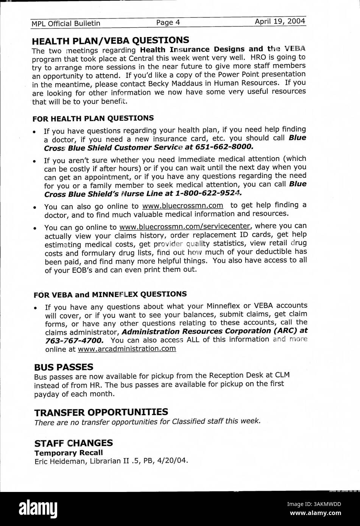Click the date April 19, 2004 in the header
click(280, 22)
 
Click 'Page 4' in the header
click(168, 22)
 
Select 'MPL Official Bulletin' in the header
click(66, 23)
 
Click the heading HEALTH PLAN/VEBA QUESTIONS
click(110, 40)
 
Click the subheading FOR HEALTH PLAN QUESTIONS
click(93, 118)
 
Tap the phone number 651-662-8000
click(227, 146)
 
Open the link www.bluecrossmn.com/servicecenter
click(185, 227)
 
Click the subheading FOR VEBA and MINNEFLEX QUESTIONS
click(110, 294)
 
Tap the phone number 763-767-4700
click(73, 340)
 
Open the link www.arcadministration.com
click(126, 349)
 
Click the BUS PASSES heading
click(63, 367)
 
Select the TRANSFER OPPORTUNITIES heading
click(101, 412)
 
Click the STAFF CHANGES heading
click(73, 443)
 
